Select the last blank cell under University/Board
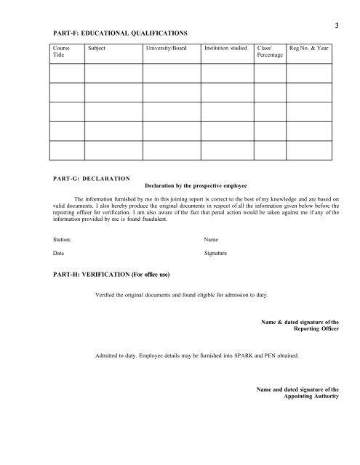tap(172, 149)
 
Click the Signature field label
tap(217, 254)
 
